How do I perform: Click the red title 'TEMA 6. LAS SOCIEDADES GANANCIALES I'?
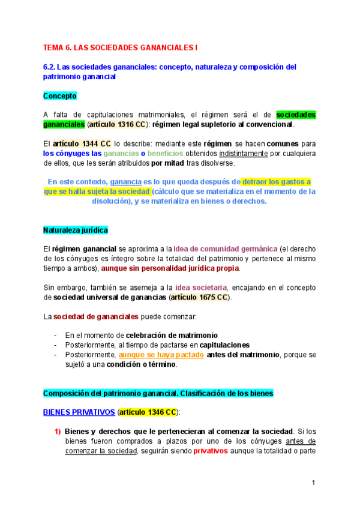[119, 47]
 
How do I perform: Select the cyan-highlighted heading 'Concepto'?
[60, 95]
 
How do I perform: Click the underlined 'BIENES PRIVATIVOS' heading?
[79, 412]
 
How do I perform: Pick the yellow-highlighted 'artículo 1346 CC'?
[147, 412]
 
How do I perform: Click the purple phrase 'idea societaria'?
[200, 288]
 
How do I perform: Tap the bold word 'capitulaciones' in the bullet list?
[224, 345]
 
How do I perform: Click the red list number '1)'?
[58, 432]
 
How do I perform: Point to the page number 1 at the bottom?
[313, 482]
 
